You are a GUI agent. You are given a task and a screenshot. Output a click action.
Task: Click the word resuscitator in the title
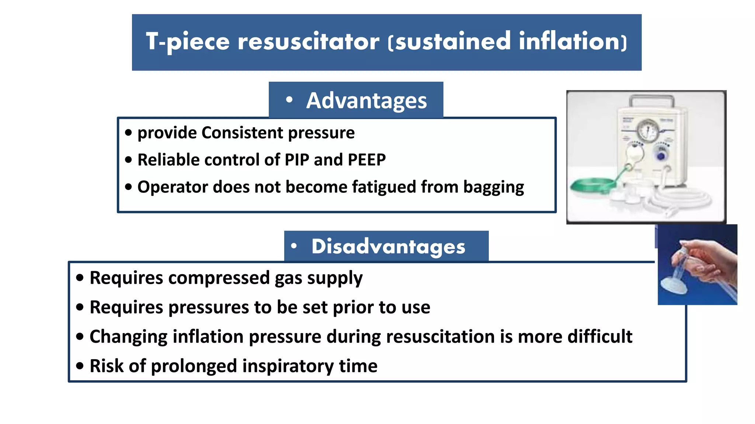coord(308,42)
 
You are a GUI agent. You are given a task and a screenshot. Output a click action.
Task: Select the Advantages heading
coord(366,100)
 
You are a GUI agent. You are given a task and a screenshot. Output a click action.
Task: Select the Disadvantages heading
coord(388,246)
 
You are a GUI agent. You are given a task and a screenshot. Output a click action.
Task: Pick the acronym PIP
coord(297,160)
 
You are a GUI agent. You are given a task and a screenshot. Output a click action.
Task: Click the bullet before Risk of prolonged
coord(80,366)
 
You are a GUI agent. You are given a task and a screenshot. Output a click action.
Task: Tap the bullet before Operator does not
coord(128,187)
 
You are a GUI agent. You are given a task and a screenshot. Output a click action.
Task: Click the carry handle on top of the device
coord(651,99)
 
